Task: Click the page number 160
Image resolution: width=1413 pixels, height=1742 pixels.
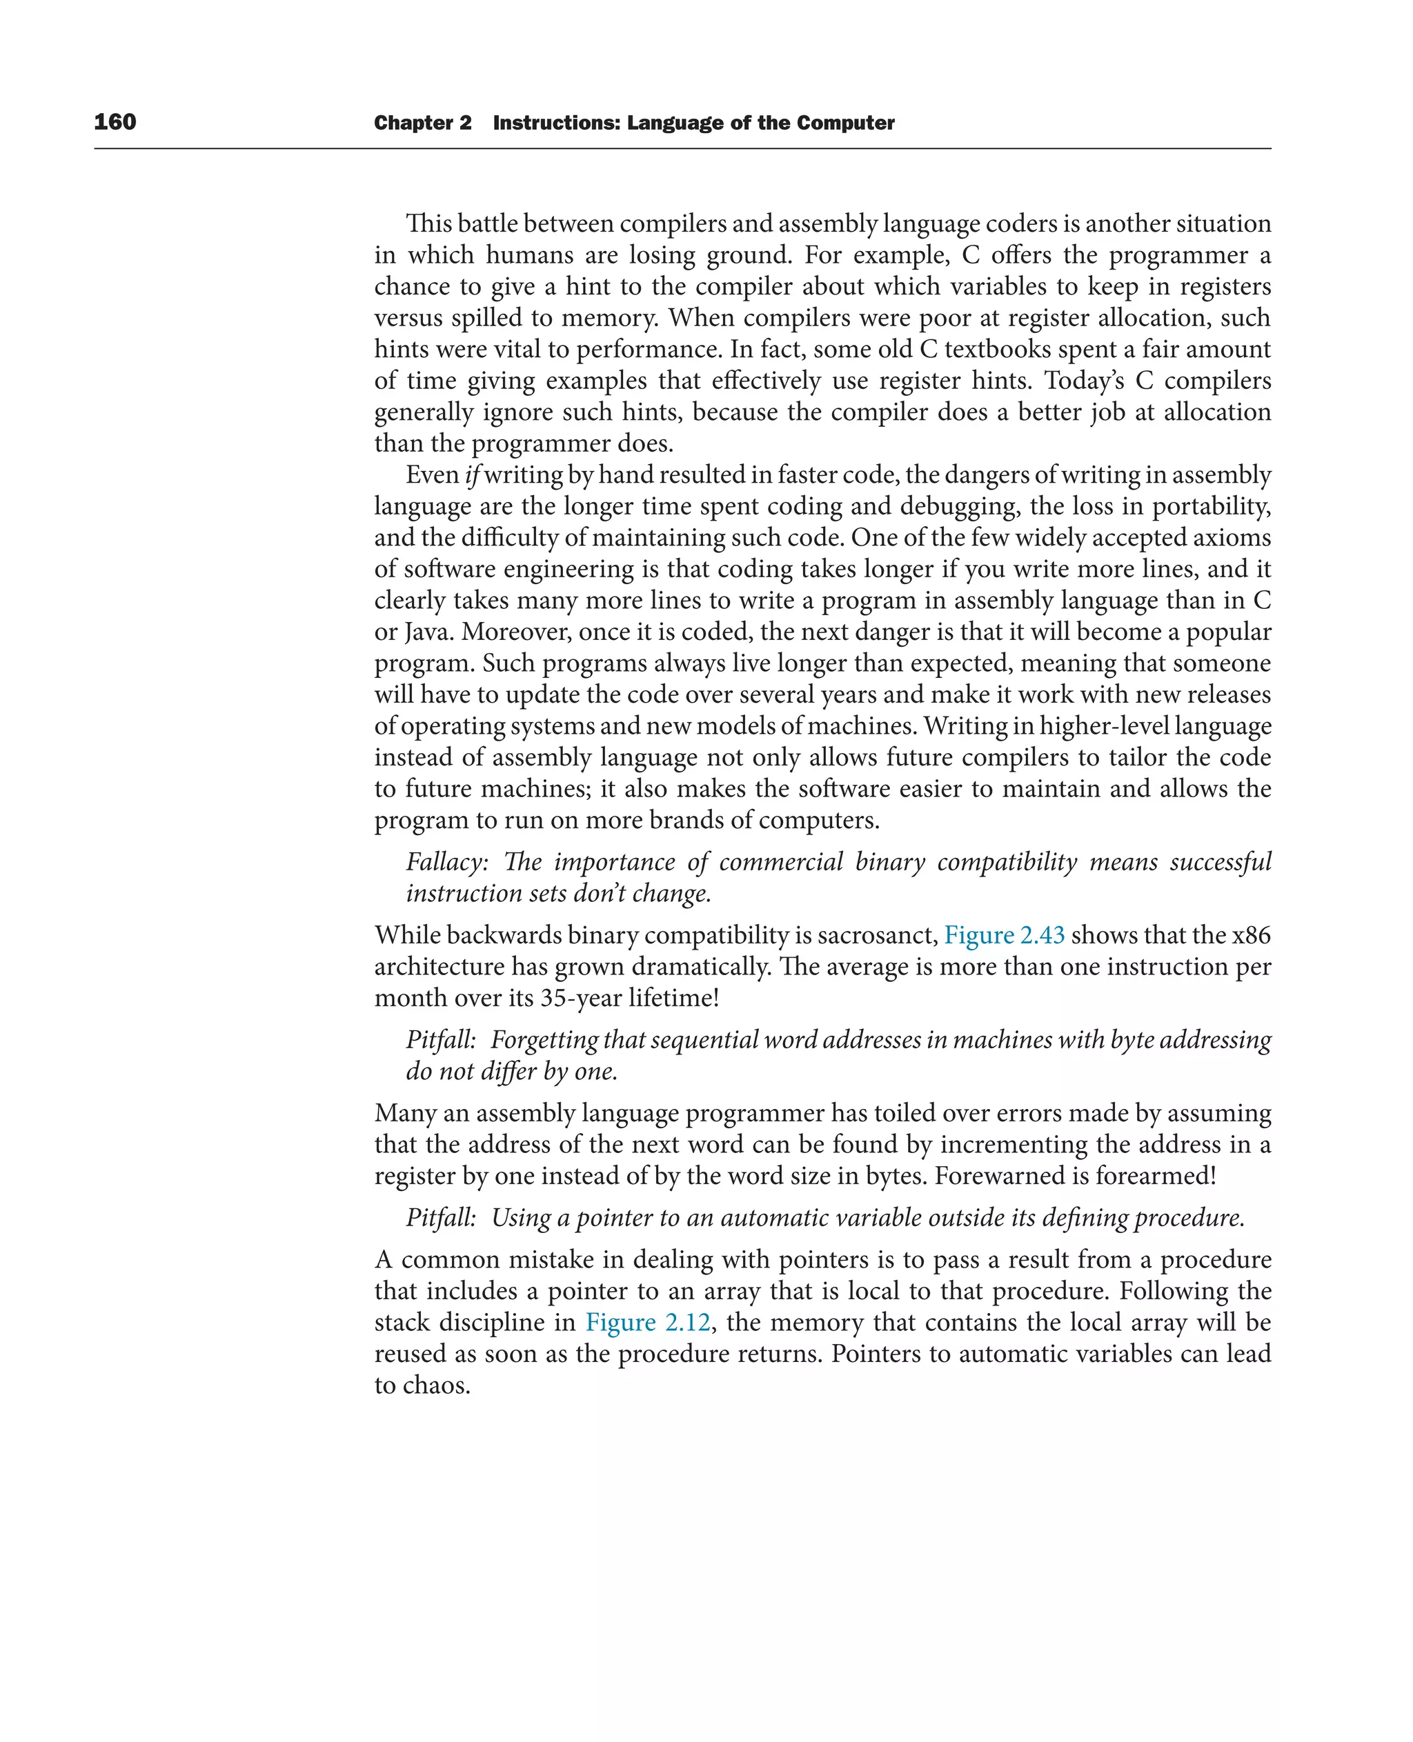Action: (x=115, y=122)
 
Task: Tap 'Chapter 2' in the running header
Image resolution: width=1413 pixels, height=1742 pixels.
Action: (x=422, y=123)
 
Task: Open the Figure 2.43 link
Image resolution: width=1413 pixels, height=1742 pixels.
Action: (x=1004, y=935)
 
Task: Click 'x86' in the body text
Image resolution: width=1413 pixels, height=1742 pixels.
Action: (x=1251, y=935)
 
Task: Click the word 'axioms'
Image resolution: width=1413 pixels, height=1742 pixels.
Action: (x=1231, y=538)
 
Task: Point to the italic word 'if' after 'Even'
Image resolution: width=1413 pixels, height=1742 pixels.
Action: (x=472, y=475)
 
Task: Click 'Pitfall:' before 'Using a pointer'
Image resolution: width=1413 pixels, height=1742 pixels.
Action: (x=440, y=1217)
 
